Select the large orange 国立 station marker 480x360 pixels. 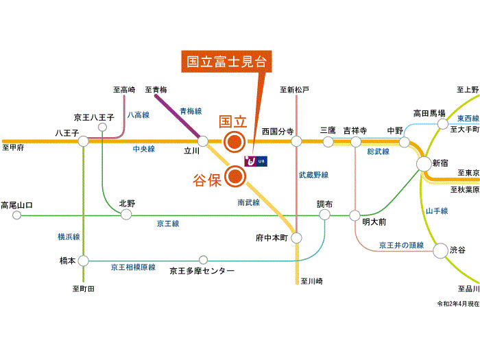coord(235,142)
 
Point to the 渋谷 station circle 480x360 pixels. coord(440,250)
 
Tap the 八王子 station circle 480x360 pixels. coord(84,142)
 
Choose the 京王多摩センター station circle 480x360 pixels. coord(203,260)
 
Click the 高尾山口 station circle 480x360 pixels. coord(17,215)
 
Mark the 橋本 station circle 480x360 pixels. coord(84,261)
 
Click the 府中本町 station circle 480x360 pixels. coord(296,238)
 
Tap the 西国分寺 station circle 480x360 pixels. coord(296,142)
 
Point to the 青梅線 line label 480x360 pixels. coord(191,111)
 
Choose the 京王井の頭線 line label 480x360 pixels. coord(401,245)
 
